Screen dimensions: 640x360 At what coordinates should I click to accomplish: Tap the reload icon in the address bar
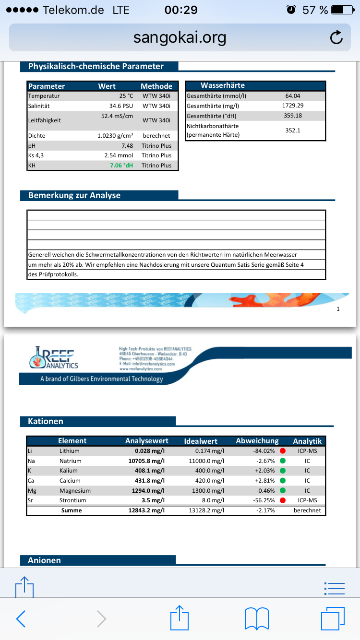coord(336,37)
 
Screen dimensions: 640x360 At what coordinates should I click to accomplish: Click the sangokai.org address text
coord(180,37)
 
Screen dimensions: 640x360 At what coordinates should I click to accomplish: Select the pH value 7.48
coord(127,145)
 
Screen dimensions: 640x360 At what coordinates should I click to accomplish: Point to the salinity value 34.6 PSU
coord(121,106)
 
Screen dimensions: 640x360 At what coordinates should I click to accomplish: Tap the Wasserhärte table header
coord(223,85)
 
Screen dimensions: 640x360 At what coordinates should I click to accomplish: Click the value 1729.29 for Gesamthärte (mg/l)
coord(293,106)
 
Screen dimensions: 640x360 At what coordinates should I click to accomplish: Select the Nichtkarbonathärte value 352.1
coord(293,130)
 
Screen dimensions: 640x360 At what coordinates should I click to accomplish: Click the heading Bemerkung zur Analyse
coord(74,195)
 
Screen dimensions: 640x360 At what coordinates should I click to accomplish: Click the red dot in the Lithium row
coord(283,451)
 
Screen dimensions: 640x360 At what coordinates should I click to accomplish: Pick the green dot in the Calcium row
coord(283,480)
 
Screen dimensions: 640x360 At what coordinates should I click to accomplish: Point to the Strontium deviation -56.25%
coord(264,500)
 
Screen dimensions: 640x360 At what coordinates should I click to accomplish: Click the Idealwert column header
coord(201,441)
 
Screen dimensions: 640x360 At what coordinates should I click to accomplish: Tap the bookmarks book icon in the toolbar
coord(257,618)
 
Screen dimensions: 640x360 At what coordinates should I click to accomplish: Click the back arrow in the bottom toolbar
coord(21,618)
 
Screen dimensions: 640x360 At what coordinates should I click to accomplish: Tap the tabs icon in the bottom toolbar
coord(333,618)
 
